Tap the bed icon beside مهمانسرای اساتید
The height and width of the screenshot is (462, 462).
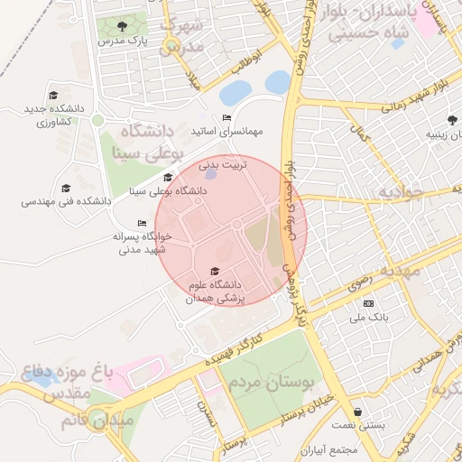click(226, 118)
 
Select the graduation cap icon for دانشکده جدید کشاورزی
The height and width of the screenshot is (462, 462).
click(53, 95)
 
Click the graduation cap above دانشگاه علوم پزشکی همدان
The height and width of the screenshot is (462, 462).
click(214, 271)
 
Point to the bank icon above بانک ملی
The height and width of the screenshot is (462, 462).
click(367, 303)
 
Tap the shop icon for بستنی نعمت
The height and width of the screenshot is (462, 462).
click(359, 411)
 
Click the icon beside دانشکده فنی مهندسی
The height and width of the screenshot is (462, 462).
click(65, 188)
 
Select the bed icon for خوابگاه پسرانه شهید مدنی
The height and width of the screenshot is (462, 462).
click(141, 223)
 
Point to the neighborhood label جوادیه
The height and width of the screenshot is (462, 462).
click(400, 192)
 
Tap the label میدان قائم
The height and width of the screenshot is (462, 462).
click(97, 420)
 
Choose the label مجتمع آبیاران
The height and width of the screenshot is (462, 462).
click(331, 449)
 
